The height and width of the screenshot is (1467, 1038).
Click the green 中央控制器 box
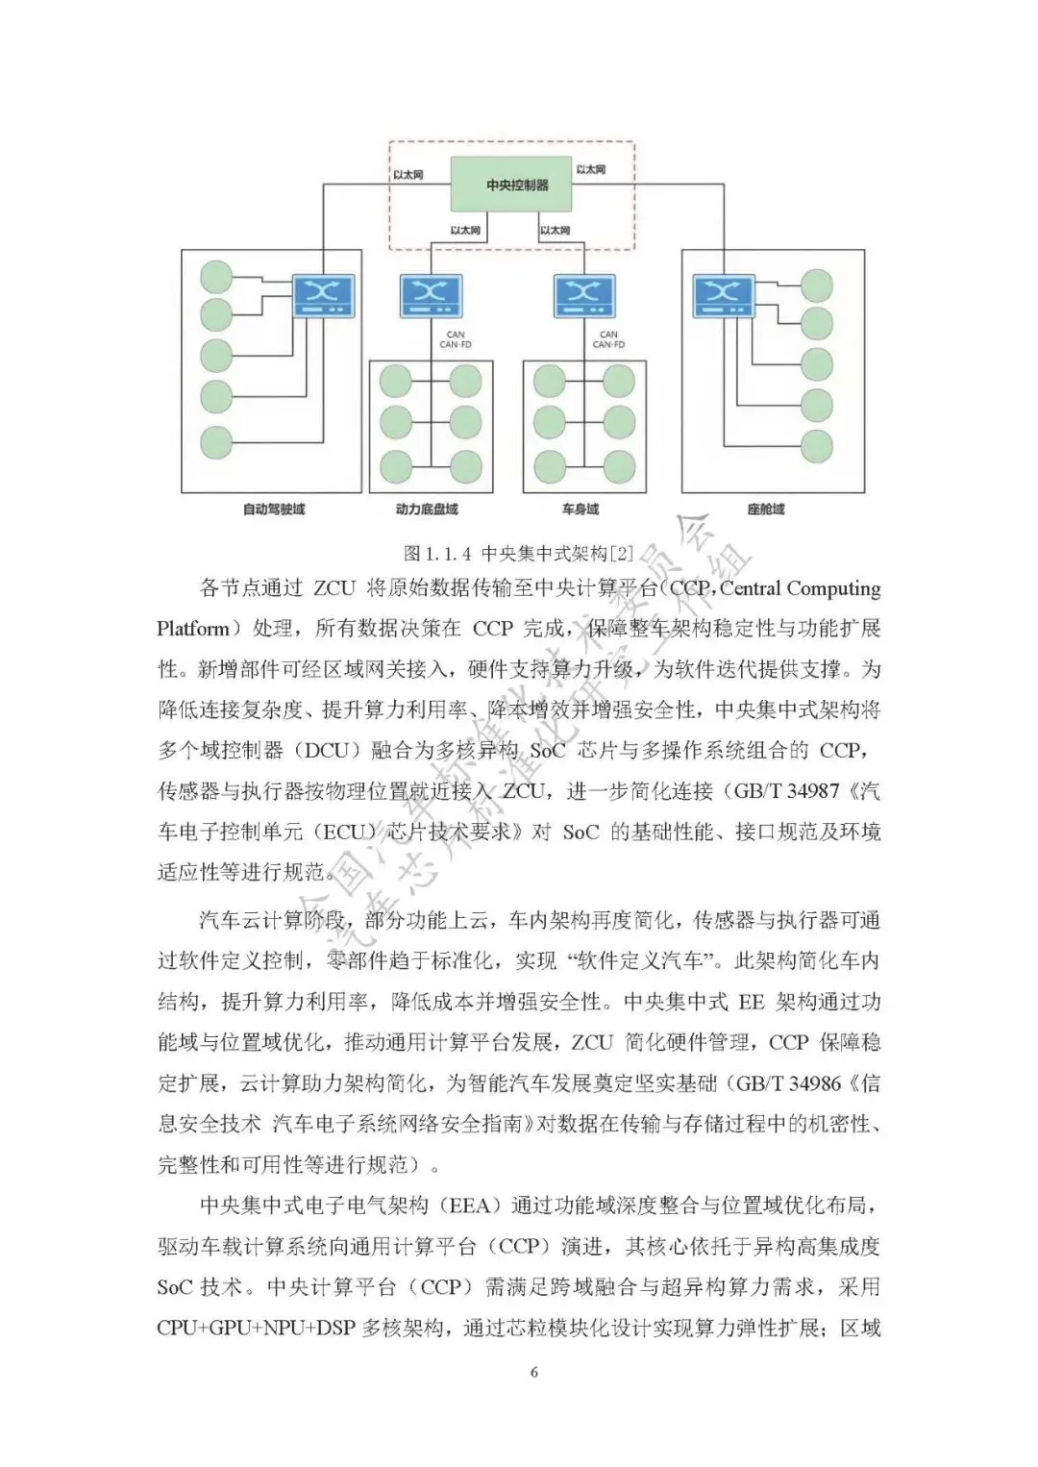click(517, 184)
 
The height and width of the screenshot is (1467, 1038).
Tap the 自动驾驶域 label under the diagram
click(273, 509)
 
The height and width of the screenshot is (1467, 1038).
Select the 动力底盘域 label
click(427, 509)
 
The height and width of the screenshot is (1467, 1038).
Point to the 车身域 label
click(581, 509)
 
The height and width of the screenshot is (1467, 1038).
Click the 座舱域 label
click(766, 509)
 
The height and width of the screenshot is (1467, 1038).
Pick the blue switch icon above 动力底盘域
click(430, 295)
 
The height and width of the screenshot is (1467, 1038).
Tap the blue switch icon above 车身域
click(583, 295)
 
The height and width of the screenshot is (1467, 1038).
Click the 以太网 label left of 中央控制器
click(408, 175)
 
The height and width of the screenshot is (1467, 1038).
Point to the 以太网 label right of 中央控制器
click(591, 170)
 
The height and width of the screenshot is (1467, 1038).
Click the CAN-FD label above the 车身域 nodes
click(609, 344)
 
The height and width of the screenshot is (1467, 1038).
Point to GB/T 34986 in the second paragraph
click(788, 1082)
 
